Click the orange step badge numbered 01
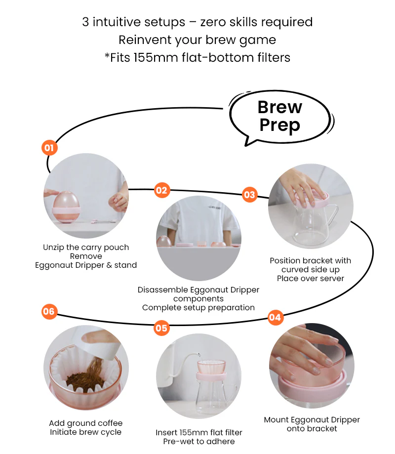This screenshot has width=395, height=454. point(49,147)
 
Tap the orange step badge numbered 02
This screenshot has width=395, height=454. point(161,190)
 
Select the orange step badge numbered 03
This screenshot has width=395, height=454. point(249,195)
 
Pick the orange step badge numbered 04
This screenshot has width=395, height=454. point(275,318)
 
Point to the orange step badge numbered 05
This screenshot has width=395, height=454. point(161,328)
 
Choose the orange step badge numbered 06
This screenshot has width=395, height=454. point(49,312)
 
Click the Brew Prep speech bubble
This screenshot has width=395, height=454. point(280,116)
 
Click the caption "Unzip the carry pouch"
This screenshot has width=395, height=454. point(86,247)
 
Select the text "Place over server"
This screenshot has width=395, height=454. point(310,278)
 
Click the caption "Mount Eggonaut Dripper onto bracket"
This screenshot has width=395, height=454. point(312,424)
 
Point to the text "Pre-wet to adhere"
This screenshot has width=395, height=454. point(199,441)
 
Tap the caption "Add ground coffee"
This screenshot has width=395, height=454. point(86,423)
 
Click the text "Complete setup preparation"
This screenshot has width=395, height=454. point(198,307)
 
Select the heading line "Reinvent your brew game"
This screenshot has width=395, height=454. point(197,40)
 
